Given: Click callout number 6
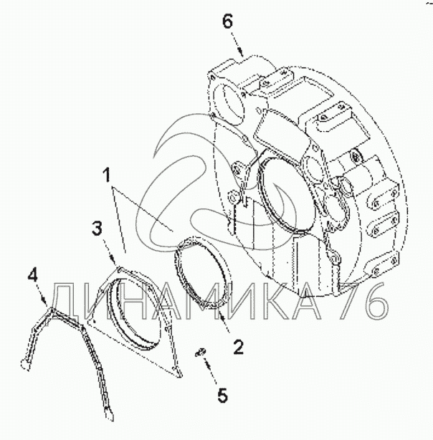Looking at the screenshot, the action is coord(228,21).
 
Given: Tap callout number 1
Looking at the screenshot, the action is coord(107,175).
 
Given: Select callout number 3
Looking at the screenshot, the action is coord(97,228).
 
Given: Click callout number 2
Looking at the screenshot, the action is coord(239,347).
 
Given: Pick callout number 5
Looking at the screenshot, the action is coord(222,396).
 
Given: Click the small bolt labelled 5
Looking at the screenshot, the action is coord(201,353).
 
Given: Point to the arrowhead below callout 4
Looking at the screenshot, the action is coord(45,300).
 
